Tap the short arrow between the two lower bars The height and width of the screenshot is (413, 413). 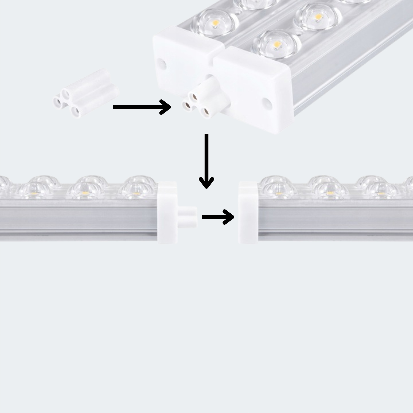coord(218,217)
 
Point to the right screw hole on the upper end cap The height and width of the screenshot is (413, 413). coord(267,102)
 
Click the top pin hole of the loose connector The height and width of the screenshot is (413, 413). coord(66,93)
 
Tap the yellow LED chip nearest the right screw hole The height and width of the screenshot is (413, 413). coord(276,44)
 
